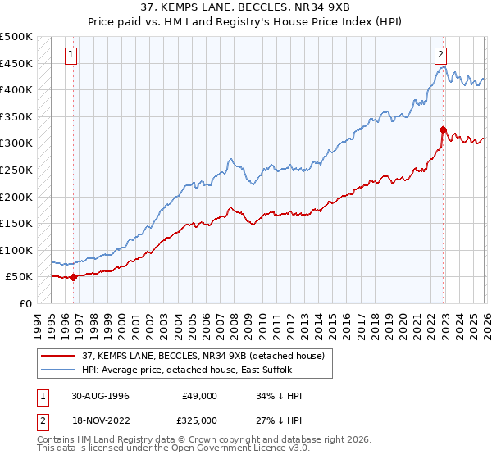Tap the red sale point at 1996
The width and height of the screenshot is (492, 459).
click(74, 277)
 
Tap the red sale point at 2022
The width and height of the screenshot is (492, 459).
click(443, 130)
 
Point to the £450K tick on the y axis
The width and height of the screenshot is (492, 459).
click(16, 63)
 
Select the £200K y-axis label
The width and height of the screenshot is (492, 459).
click(16, 197)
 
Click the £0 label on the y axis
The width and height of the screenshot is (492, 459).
click(26, 303)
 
